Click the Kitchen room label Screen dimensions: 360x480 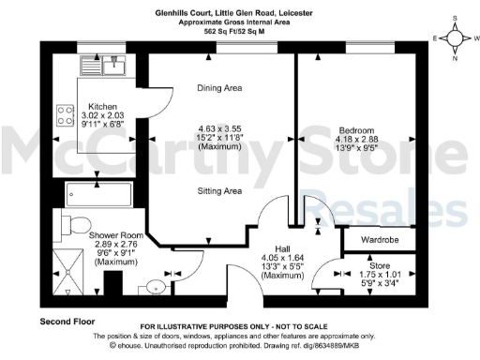[x=101, y=107]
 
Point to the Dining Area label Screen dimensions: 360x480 [x=220, y=88]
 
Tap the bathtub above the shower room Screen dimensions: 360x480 [x=103, y=194]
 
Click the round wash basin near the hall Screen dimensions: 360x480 [x=157, y=286]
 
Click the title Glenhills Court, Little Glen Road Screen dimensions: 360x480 [x=239, y=12]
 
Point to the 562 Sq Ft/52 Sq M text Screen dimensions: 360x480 [x=239, y=31]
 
